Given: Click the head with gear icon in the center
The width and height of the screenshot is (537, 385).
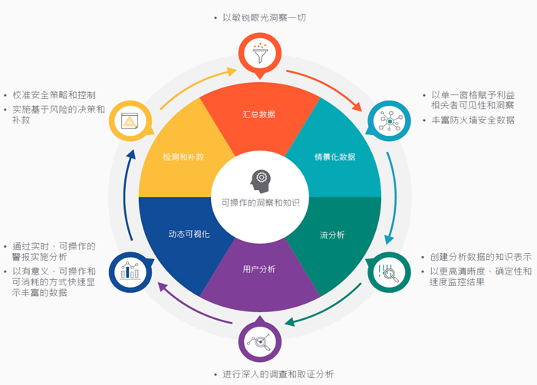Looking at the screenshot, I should click(x=260, y=181).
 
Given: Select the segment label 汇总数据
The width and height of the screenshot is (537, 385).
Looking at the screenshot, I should click(x=259, y=114).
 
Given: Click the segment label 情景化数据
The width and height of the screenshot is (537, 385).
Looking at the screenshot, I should click(x=335, y=157).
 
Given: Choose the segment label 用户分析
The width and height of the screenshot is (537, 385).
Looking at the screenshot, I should click(x=259, y=269).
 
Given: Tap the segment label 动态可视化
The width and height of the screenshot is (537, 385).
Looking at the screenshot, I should click(x=189, y=233).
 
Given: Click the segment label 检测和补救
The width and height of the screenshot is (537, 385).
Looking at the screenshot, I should click(x=183, y=157).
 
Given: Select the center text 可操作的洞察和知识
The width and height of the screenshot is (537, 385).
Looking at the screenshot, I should click(x=260, y=202).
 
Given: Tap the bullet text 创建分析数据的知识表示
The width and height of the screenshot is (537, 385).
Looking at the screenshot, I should click(x=480, y=258).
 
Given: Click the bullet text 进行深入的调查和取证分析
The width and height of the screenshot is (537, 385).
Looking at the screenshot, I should click(x=278, y=374).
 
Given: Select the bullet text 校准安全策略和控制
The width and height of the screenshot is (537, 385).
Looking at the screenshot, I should click(x=54, y=95).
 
